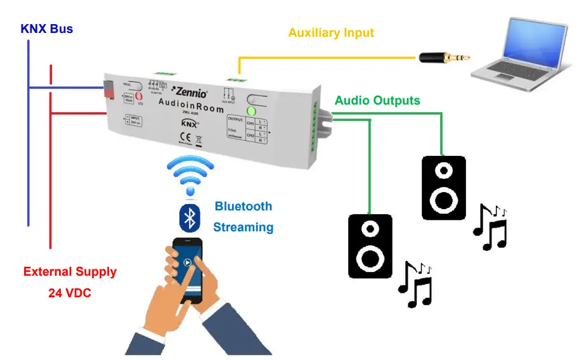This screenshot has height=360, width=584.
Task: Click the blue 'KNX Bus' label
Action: pos(47,29)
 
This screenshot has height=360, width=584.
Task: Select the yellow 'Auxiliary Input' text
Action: pos(331,32)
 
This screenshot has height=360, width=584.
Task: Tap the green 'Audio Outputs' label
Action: pos(377,100)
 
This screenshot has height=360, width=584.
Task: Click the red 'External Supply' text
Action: pos(70,272)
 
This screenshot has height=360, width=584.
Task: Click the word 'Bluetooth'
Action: pos(243,206)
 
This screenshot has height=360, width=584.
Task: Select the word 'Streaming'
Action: pos(243,227)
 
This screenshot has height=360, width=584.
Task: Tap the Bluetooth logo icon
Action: pos(189,218)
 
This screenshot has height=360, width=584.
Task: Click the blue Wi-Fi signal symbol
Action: pos(189,174)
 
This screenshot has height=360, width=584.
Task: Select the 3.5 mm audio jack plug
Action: pos(444,58)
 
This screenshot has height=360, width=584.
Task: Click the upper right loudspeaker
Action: pos(444,188)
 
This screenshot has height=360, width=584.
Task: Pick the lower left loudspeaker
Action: pos(370,246)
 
